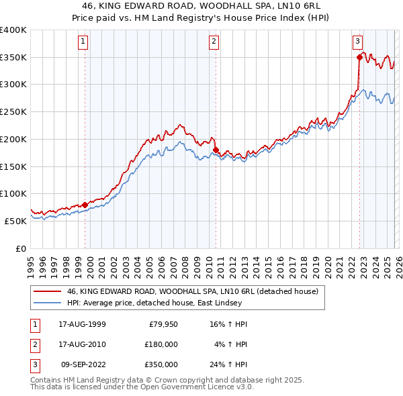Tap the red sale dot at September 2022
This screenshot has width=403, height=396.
click(359, 58)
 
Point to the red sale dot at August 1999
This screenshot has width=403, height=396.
click(85, 205)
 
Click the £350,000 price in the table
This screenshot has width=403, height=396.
click(161, 364)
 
